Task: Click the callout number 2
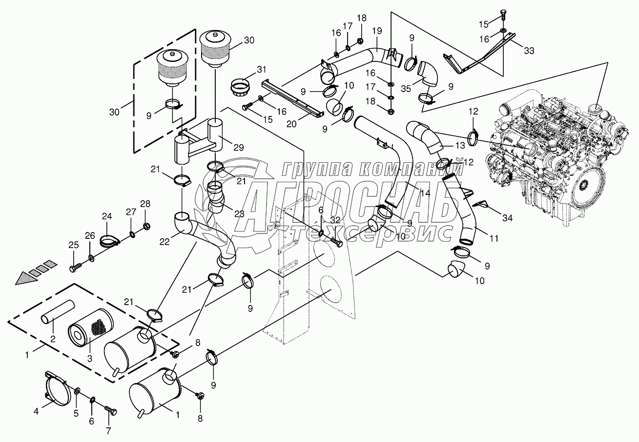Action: click(53, 339)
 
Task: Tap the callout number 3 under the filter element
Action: click(90, 359)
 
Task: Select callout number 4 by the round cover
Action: click(36, 411)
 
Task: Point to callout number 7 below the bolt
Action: click(108, 431)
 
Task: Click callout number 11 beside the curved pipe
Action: click(494, 238)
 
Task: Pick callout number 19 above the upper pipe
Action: click(377, 31)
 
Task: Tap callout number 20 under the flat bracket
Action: click(291, 124)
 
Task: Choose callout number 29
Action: click(239, 148)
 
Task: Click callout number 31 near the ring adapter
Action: click(262, 70)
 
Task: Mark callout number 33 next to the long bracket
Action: click(529, 51)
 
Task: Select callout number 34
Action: click(508, 218)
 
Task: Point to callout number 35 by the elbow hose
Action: click(406, 89)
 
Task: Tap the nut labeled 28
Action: click(146, 227)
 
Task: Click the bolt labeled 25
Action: click(75, 268)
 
